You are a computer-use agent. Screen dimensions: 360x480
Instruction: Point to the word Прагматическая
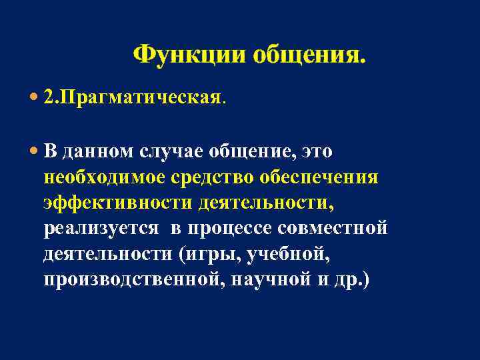(139, 98)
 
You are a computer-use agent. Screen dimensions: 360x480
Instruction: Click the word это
(317, 152)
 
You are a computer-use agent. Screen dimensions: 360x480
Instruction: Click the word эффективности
(117, 203)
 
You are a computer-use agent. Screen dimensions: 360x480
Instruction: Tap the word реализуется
(101, 229)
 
